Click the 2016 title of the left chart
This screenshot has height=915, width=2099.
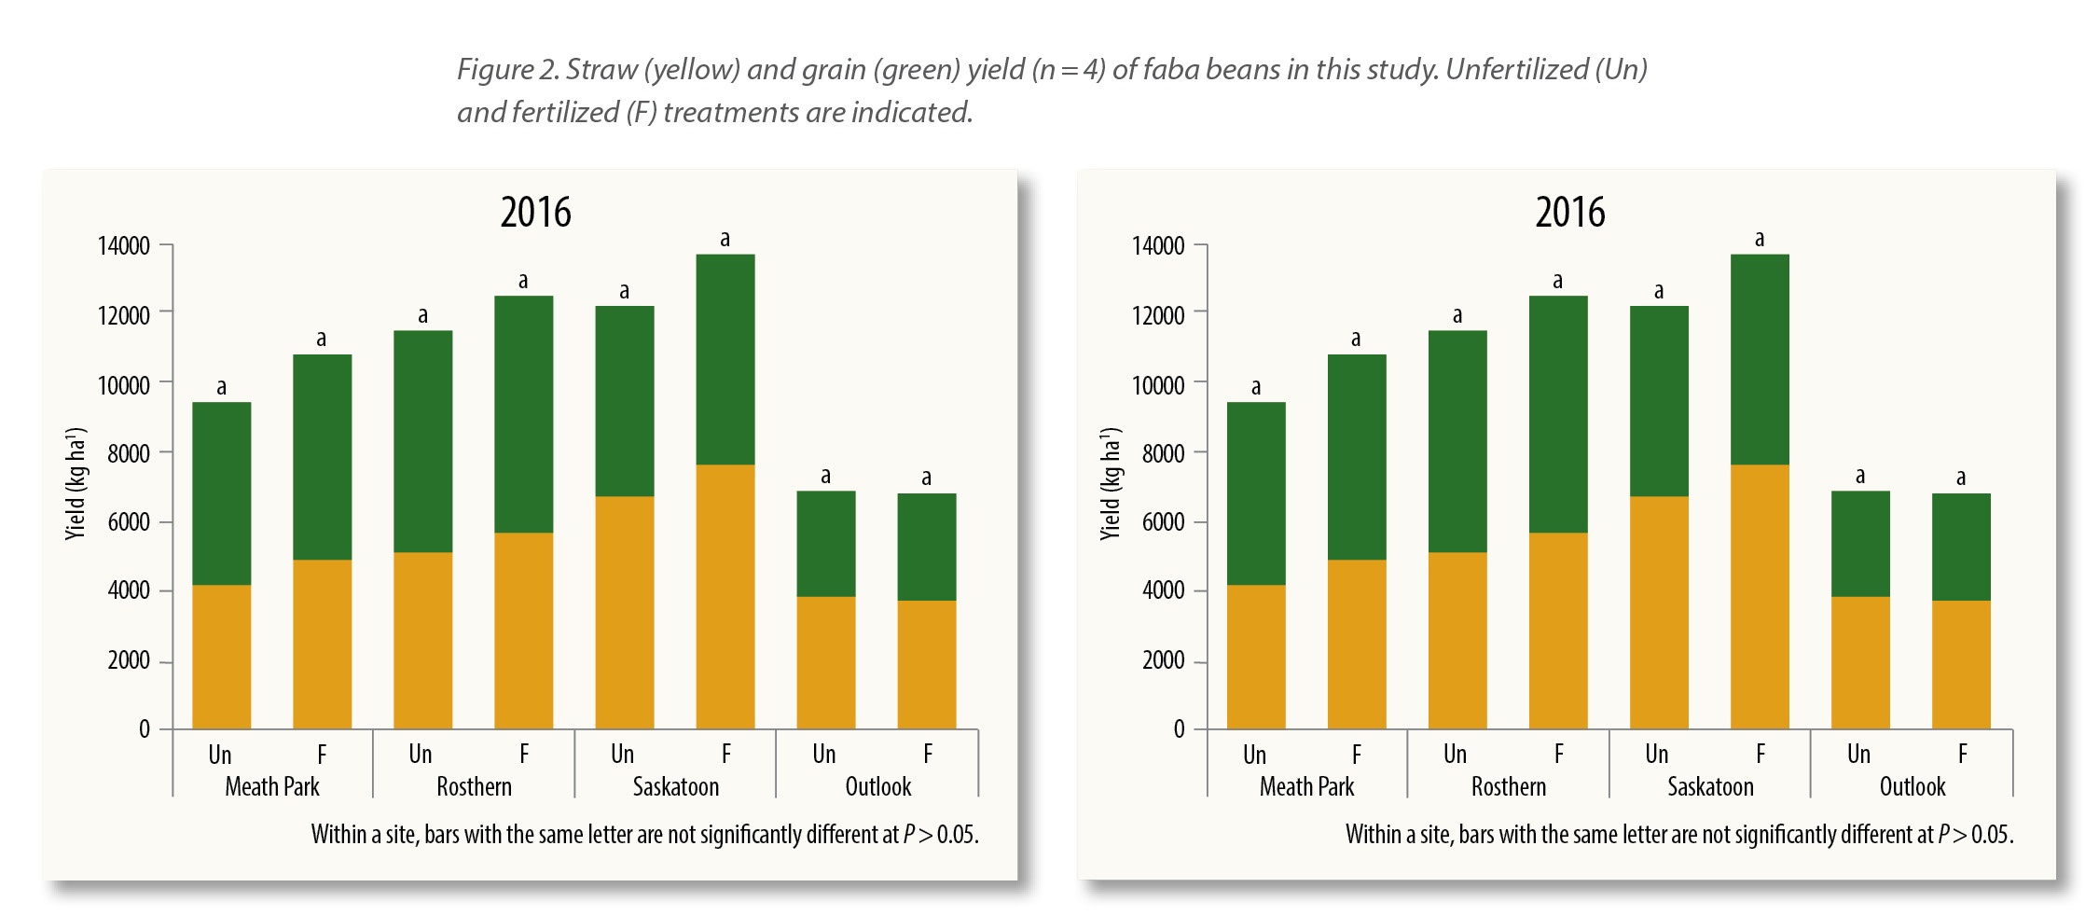535,213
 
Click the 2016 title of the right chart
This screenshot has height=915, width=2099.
1570,213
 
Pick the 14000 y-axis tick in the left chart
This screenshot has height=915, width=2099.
124,246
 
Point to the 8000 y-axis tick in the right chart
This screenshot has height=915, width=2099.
1163,453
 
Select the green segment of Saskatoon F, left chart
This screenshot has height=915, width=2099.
725,359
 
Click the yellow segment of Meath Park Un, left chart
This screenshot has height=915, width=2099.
222,657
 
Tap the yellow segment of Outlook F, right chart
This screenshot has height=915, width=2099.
1961,664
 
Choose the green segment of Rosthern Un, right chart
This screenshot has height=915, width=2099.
1457,441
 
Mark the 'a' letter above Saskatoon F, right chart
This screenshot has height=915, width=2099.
1760,239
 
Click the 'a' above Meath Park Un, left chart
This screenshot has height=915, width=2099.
222,387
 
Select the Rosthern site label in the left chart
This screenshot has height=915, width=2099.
474,787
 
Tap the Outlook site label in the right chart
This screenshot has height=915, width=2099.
1912,787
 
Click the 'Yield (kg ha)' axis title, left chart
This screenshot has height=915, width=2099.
76,483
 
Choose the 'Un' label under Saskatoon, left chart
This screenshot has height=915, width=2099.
622,754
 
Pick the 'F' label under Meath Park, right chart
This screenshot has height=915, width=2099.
1357,754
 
